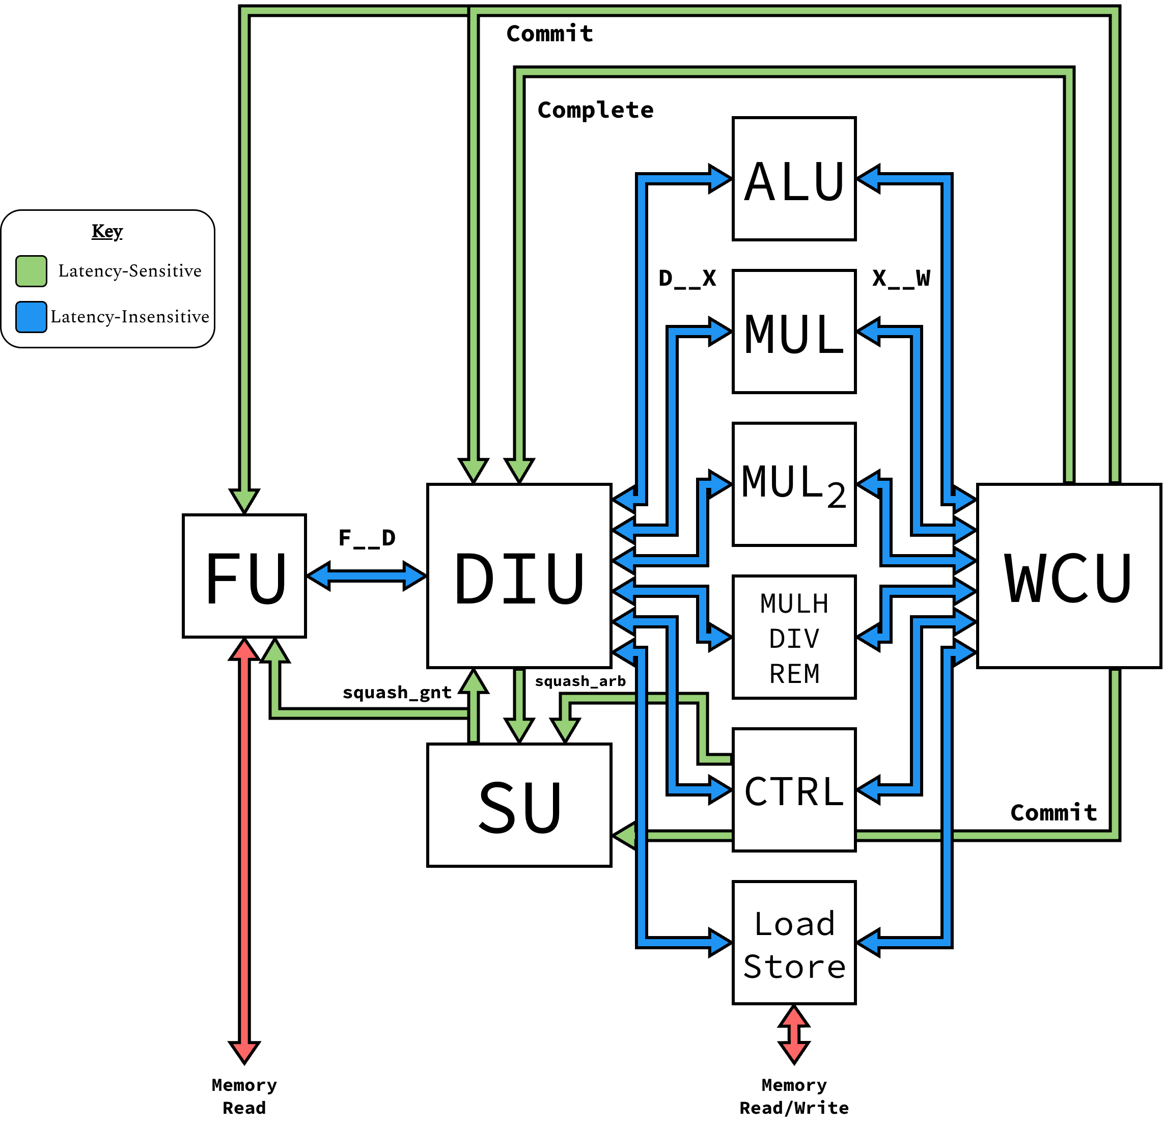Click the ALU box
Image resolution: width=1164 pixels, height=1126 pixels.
[794, 179]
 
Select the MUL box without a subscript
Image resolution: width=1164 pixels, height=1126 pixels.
[794, 332]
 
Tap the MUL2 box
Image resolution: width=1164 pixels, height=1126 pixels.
[794, 484]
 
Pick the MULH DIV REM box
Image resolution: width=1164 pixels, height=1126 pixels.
[794, 637]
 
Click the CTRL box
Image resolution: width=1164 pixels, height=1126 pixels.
[794, 790]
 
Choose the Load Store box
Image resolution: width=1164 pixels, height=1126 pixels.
[794, 943]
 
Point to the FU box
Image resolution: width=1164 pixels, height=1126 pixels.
[244, 576]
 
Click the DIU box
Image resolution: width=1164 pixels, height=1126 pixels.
[519, 576]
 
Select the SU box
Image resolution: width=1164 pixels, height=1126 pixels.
[519, 805]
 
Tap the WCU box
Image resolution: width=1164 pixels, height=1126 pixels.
[1069, 576]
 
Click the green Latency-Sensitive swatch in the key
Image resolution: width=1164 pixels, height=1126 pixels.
[32, 271]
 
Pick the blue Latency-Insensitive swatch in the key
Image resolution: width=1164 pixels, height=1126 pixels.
[32, 317]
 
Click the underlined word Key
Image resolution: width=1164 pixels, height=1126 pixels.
[107, 231]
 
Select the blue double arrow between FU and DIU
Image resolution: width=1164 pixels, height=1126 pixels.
[367, 576]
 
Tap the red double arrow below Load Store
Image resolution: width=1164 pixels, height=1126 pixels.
[794, 1034]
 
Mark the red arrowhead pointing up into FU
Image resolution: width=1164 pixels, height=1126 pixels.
[244, 650]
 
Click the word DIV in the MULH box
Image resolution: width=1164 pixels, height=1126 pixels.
[794, 639]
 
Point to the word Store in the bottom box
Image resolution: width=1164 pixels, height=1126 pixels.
[794, 966]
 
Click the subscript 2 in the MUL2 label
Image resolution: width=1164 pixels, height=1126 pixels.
[836, 496]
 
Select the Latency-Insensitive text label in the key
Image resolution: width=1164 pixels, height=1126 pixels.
[129, 317]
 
